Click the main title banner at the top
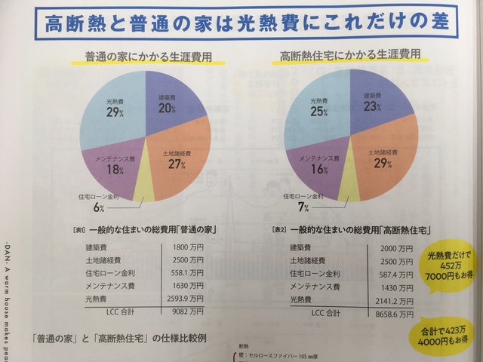coord(241,23)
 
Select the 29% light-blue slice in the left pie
coord(113,113)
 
